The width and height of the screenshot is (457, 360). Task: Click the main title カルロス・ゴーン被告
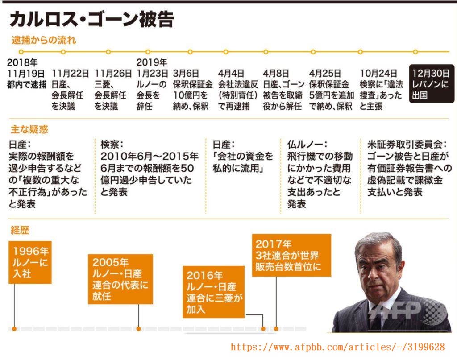point(92,19)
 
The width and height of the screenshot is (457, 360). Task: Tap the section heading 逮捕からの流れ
point(44,40)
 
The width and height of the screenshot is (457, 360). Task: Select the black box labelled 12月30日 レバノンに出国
point(432,84)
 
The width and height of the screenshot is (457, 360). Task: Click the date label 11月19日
point(26,74)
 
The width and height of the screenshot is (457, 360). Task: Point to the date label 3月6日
point(186,74)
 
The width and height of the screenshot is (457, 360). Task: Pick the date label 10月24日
point(378,74)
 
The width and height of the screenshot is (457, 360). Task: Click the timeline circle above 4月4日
point(226,52)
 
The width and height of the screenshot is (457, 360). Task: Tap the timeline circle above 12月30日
point(415,52)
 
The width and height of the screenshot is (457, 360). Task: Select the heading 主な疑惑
point(29,129)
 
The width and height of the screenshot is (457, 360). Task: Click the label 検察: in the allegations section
point(112,144)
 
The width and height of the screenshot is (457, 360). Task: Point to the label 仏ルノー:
point(307,144)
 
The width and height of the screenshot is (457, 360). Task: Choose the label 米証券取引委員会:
point(407,144)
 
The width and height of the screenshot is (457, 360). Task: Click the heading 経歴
point(20,230)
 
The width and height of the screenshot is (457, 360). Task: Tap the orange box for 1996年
point(30,262)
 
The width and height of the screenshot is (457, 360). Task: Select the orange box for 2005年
point(120,279)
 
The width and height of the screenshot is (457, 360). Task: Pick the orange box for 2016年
point(214,292)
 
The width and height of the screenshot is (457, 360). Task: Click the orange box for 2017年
point(291,255)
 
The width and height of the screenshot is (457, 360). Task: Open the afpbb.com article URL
point(338,347)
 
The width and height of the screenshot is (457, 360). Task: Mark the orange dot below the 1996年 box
point(14,329)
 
